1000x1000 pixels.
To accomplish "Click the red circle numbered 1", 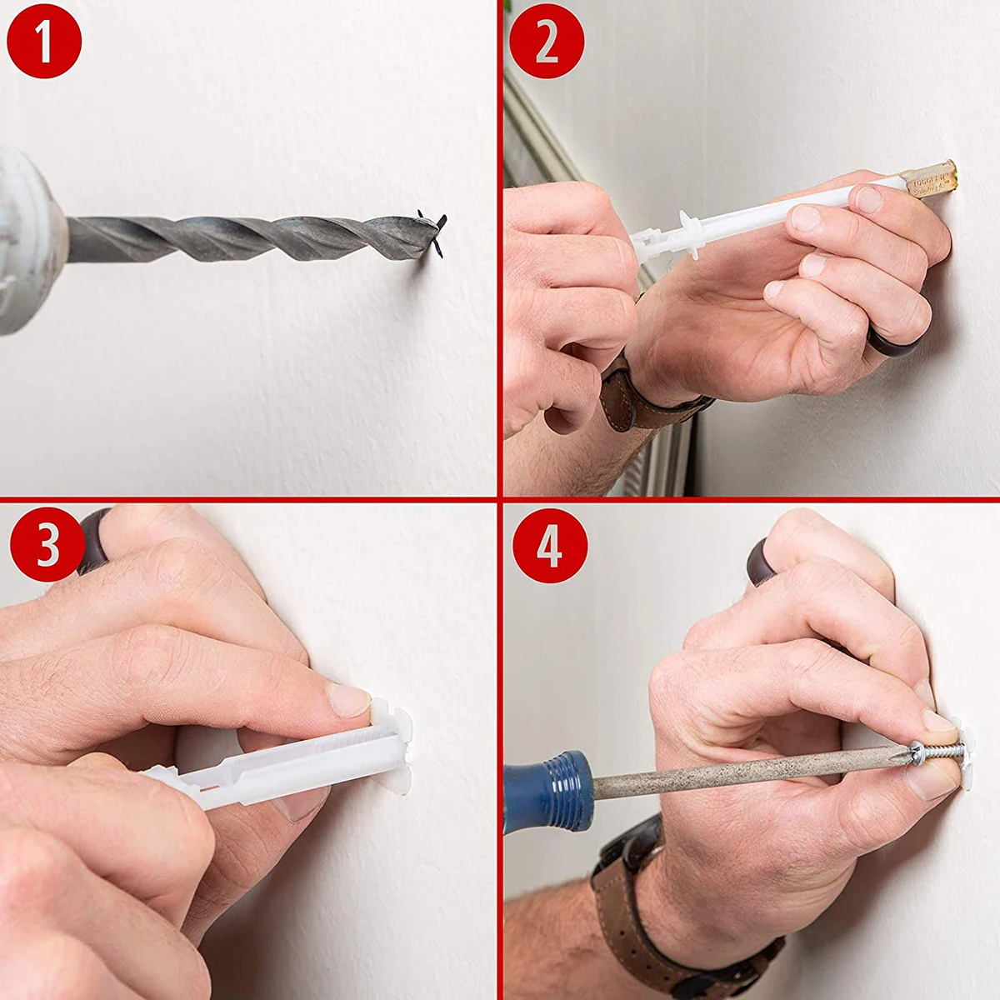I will point(43,41).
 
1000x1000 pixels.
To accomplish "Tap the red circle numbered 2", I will point(547,41).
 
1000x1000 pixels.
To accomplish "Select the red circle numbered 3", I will point(47,546).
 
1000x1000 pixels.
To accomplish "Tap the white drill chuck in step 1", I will point(29,242).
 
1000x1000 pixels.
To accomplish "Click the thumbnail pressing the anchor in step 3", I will point(348,698).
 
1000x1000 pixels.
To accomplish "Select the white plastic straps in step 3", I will point(250,779).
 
